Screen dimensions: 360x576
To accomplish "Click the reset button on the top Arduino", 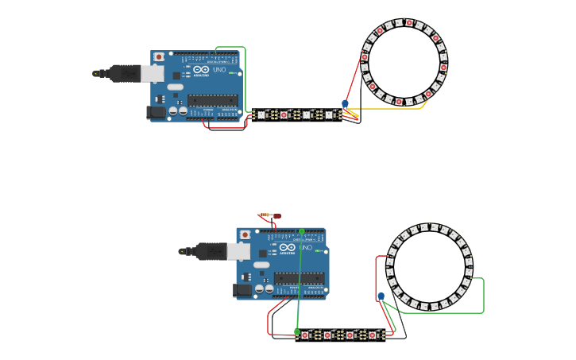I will (159, 57).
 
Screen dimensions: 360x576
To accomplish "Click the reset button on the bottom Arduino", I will (245, 234).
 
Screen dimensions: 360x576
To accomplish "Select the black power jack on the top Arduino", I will (156, 113).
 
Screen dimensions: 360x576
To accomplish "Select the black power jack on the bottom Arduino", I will (242, 290).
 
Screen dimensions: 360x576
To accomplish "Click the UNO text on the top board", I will (220, 69).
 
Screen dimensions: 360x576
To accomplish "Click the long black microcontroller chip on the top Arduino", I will (212, 99).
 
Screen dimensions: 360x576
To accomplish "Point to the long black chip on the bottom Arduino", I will (299, 277).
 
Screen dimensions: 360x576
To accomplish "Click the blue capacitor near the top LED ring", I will (345, 104).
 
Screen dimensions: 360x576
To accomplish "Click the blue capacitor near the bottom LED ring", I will (381, 296).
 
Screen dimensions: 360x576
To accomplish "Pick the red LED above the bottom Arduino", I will (276, 215).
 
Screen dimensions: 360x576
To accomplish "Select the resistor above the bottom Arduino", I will (265, 215).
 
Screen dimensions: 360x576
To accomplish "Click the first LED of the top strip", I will (261, 114).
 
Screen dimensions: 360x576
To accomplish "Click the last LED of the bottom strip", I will (372, 335).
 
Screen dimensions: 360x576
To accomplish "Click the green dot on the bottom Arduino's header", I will (302, 231).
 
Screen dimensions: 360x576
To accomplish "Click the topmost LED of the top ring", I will (409, 23).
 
